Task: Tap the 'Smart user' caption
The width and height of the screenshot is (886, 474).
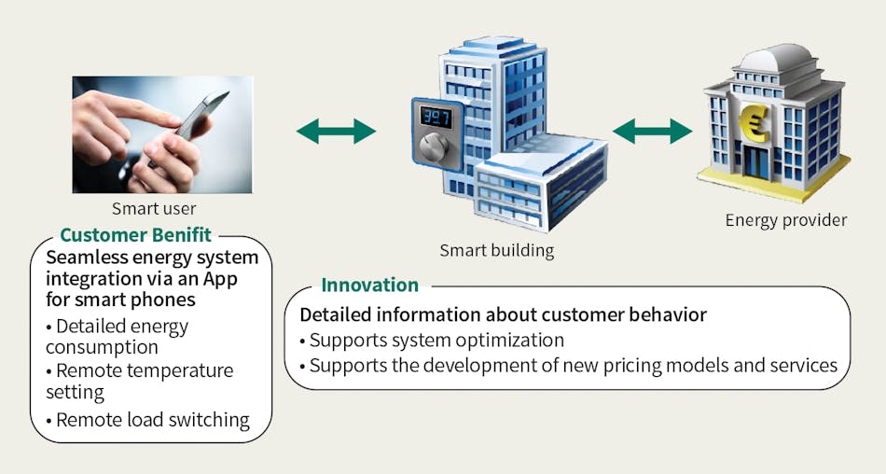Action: click(x=154, y=209)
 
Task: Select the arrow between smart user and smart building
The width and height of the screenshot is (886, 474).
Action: click(x=336, y=132)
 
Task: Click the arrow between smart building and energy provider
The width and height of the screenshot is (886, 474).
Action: click(x=652, y=131)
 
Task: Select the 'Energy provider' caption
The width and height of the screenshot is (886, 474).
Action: click(x=785, y=220)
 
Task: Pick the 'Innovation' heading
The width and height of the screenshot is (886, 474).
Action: click(x=369, y=285)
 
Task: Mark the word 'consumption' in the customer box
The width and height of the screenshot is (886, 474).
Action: click(x=102, y=347)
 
